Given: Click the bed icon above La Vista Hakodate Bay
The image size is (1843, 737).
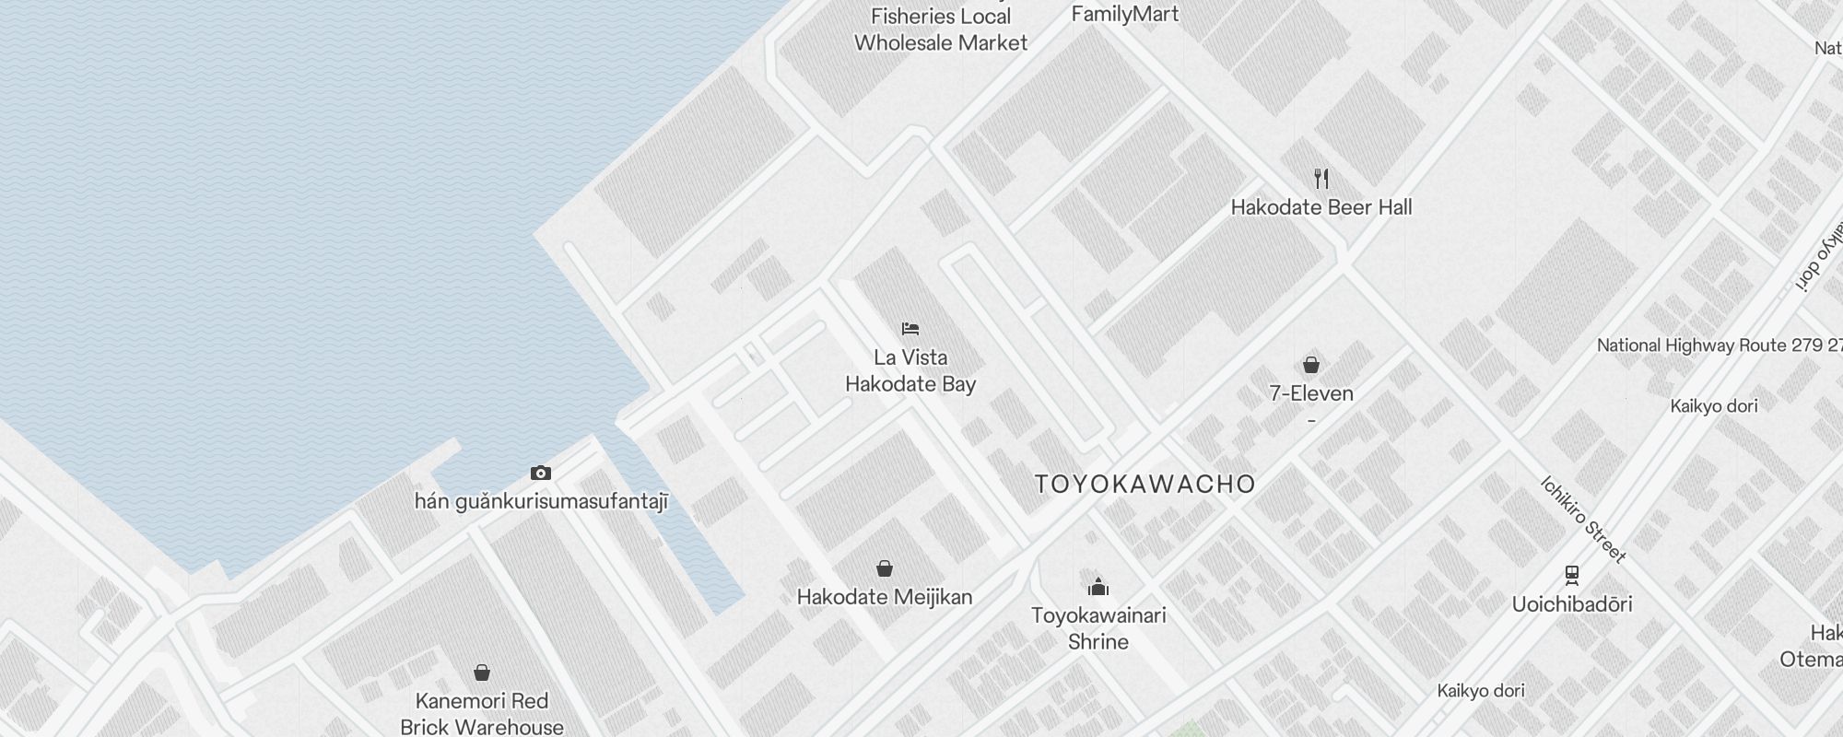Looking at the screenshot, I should click(x=910, y=329).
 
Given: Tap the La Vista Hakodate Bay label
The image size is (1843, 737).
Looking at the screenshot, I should click(x=910, y=370).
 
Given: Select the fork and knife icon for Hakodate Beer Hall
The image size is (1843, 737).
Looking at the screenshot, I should click(x=1321, y=178).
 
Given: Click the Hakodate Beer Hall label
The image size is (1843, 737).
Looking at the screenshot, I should click(x=1321, y=207).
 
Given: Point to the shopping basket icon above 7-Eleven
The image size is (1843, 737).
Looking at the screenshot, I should click(x=1311, y=365).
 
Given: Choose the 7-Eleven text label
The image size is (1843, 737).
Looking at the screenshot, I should click(x=1311, y=393).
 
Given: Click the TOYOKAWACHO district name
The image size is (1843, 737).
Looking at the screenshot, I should click(x=1145, y=485).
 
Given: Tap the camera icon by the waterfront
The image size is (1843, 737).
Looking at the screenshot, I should click(x=541, y=474).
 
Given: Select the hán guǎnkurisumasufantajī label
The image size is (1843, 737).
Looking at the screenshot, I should click(x=541, y=502).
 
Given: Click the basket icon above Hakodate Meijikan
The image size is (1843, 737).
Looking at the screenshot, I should click(x=885, y=568).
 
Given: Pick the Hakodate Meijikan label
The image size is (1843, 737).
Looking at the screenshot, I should click(x=885, y=597).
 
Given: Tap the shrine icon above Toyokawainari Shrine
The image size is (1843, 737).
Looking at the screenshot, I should click(x=1098, y=587).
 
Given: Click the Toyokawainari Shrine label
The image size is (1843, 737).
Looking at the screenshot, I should click(x=1098, y=628).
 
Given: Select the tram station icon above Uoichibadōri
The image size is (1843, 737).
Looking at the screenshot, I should click(x=1572, y=575).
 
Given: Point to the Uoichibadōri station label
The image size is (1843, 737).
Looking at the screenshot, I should click(x=1572, y=604).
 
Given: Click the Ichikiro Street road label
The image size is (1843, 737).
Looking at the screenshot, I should click(x=1583, y=519).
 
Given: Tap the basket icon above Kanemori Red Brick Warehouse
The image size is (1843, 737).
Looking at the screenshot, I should click(x=482, y=673).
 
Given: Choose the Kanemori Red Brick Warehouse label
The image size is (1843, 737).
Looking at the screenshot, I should click(x=482, y=714).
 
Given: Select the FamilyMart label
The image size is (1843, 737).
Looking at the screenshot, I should click(x=1125, y=14).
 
